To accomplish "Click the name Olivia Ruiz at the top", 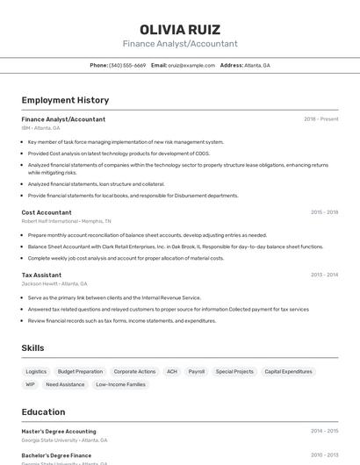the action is tap(180, 29).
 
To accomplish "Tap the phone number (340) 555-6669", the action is tap(127, 66).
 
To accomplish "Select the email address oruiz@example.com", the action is tap(191, 66).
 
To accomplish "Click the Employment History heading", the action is tap(65, 100).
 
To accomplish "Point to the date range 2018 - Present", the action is tap(320, 119).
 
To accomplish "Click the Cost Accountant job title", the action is tap(47, 212).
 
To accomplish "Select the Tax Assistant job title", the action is tap(41, 275).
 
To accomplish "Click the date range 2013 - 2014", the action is tap(324, 275).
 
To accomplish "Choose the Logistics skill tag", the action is tap(36, 372).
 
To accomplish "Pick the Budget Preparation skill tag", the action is tap(80, 372).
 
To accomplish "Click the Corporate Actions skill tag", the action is tap(134, 372).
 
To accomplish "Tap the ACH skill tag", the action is tap(172, 372).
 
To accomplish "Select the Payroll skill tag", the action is tap(197, 372).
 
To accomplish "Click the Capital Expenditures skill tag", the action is tap(288, 372).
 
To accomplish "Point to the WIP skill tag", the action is tap(31, 384).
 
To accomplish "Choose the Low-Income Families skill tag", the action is tap(120, 384).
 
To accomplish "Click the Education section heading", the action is tap(43, 411).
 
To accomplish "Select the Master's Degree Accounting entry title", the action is tap(59, 432).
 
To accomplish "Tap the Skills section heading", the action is tap(32, 348).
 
